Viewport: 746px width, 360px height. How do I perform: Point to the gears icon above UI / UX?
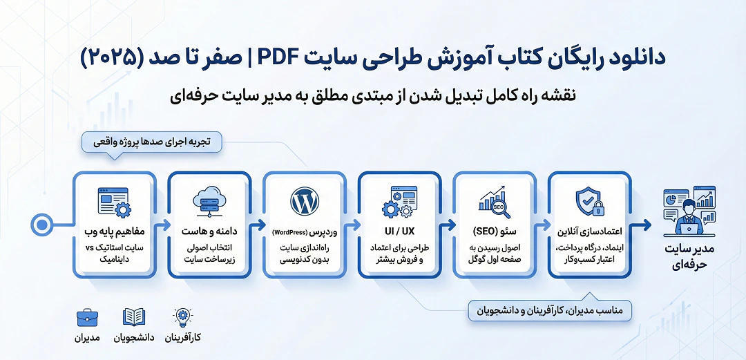tap(399, 202)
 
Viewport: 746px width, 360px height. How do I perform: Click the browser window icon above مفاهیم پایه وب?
tap(114, 202)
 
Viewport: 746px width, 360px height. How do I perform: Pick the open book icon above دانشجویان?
tap(134, 318)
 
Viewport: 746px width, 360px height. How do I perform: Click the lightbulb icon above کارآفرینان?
tap(183, 318)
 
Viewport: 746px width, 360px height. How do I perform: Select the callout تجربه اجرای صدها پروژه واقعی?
tap(153, 142)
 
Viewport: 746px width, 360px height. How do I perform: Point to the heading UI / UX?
tap(399, 229)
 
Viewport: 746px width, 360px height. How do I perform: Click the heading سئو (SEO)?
tap(494, 229)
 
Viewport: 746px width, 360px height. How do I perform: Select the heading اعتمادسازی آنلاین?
tap(589, 229)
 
